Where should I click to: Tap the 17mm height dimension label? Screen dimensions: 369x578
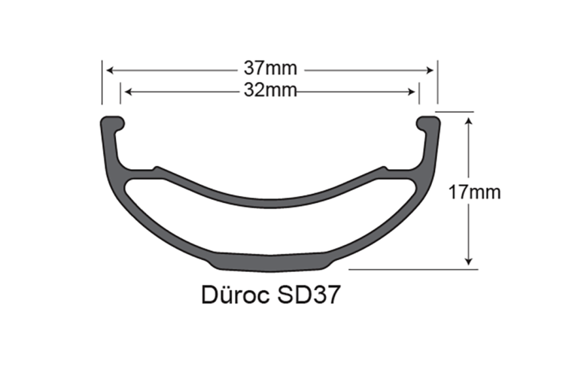tap(474, 192)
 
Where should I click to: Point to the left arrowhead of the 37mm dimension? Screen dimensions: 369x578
tap(109, 70)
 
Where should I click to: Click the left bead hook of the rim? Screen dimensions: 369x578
tap(112, 121)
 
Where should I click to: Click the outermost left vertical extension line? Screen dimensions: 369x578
tap(102, 83)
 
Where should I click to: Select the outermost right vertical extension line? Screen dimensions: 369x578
tap(438, 83)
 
